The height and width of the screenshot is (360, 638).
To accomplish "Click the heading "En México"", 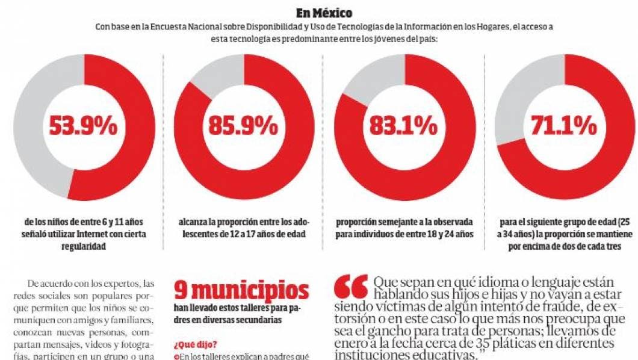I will (x=324, y=13).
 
